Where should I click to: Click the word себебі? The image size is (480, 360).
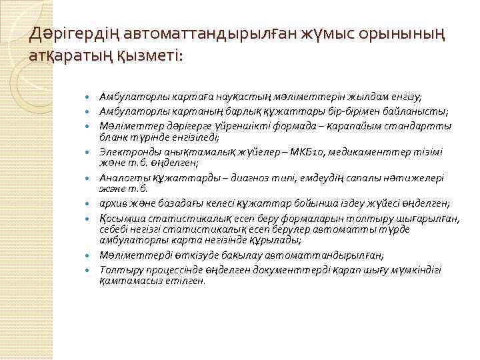[115, 229]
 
